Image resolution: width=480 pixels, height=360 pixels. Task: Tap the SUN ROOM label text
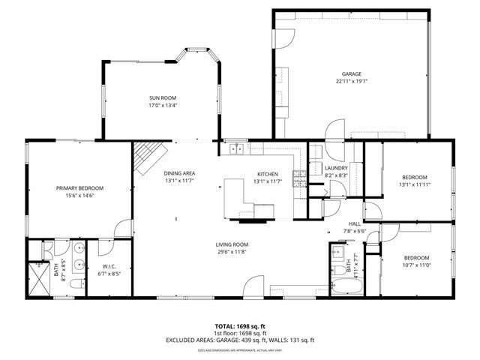pyautogui.click(x=163, y=98)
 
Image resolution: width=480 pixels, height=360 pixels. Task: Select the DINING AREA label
pyautogui.click(x=180, y=173)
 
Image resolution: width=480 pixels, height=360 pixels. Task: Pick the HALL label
pyautogui.click(x=354, y=223)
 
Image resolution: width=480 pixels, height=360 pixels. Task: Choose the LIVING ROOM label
pyautogui.click(x=232, y=244)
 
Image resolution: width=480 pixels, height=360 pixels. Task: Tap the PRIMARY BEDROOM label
pyautogui.click(x=79, y=188)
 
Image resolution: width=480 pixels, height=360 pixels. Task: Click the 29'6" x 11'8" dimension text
pyautogui.click(x=232, y=252)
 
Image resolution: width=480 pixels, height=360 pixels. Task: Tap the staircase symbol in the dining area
pyautogui.click(x=148, y=157)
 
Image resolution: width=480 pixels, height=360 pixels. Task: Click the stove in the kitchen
pyautogui.click(x=299, y=178)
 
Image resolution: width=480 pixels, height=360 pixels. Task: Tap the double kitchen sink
pyautogui.click(x=235, y=148)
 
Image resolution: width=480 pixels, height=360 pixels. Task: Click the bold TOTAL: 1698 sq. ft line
pyautogui.click(x=241, y=326)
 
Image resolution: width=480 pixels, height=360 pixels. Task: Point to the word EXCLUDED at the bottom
pyautogui.click(x=183, y=340)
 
